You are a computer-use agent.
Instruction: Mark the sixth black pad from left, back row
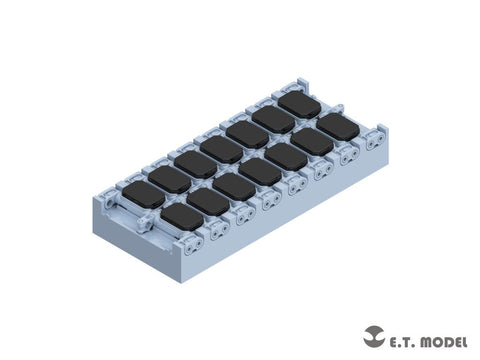coord(270,118)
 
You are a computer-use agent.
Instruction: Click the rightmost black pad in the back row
coord(297,103)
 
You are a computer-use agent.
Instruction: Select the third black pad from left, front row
coord(232,185)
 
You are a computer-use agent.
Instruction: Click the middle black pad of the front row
coord(259,171)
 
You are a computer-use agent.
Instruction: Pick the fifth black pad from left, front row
coord(286,156)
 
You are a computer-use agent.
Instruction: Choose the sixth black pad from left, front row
coord(312,141)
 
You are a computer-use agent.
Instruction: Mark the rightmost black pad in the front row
coord(338,127)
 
